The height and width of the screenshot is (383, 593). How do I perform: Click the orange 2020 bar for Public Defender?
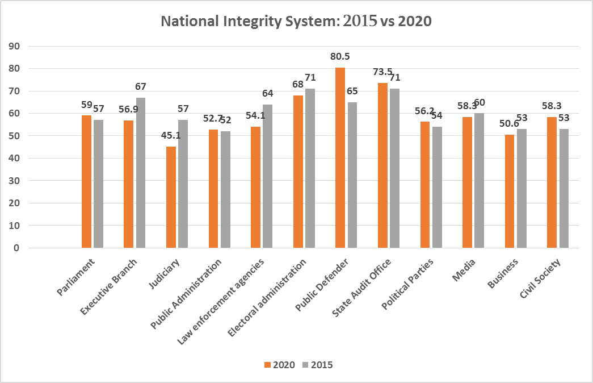pyautogui.click(x=340, y=157)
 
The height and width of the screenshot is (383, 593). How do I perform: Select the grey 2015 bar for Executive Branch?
pyautogui.click(x=141, y=173)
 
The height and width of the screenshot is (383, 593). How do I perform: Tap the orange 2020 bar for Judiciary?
pyautogui.click(x=171, y=197)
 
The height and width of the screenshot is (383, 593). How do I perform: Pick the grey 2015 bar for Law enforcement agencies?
pyautogui.click(x=267, y=176)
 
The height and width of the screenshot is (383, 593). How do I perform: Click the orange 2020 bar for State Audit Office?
pyautogui.click(x=382, y=165)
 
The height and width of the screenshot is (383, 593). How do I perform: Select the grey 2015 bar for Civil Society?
pyautogui.click(x=563, y=189)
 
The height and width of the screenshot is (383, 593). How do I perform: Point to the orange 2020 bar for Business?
pyautogui.click(x=510, y=191)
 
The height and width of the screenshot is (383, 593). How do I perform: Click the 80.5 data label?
pyautogui.click(x=340, y=56)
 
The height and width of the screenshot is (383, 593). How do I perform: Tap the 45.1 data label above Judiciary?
pyautogui.click(x=171, y=135)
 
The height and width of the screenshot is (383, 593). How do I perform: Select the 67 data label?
pyautogui.click(x=141, y=86)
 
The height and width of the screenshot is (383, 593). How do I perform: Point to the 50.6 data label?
pyautogui.click(x=509, y=123)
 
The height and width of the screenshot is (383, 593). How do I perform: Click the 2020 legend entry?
pyautogui.click(x=280, y=365)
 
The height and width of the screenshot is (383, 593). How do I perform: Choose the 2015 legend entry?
pyautogui.click(x=318, y=365)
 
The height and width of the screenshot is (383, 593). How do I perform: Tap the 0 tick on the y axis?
pyautogui.click(x=16, y=248)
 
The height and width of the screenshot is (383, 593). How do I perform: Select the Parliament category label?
pyautogui.click(x=75, y=277)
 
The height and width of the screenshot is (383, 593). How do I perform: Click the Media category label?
pyautogui.click(x=464, y=270)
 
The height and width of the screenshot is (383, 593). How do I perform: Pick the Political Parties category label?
pyautogui.click(x=407, y=284)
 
